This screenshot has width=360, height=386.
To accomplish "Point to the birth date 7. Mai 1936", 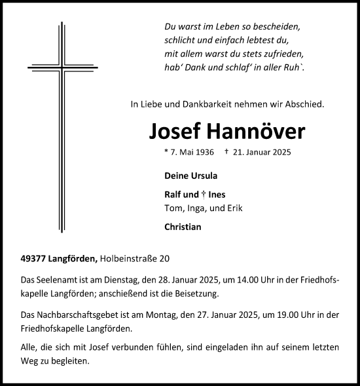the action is click(x=190, y=152).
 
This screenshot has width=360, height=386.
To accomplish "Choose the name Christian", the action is click(x=183, y=227).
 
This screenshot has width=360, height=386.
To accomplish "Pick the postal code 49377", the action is click(x=34, y=259).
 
